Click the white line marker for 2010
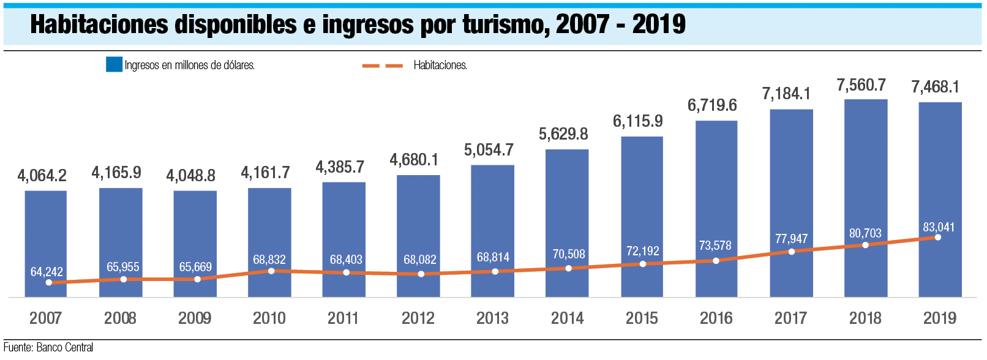click(271, 271)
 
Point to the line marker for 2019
click(938, 238)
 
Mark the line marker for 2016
click(716, 261)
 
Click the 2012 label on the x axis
click(418, 318)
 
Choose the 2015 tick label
click(642, 318)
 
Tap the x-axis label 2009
click(195, 318)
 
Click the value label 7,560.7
click(861, 85)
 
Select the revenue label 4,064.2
click(42, 176)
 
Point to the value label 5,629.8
click(563, 134)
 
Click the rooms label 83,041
click(939, 227)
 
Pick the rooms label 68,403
click(346, 260)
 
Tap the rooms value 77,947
click(791, 239)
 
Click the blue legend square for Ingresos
click(114, 65)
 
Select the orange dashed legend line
click(383, 66)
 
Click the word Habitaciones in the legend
click(440, 66)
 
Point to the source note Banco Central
click(65, 347)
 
